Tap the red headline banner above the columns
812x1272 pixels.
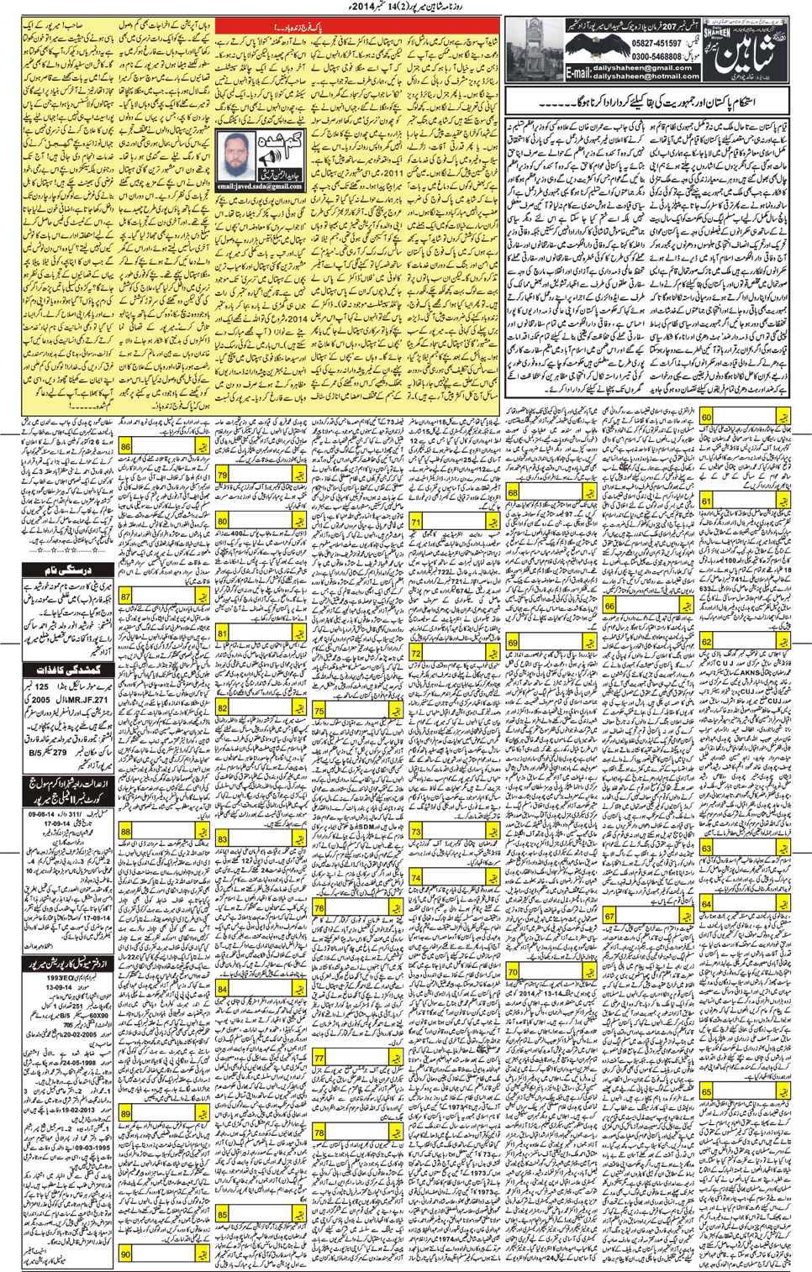[262, 28]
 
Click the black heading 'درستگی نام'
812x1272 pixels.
[67, 570]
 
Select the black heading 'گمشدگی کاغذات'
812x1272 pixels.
[67, 670]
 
